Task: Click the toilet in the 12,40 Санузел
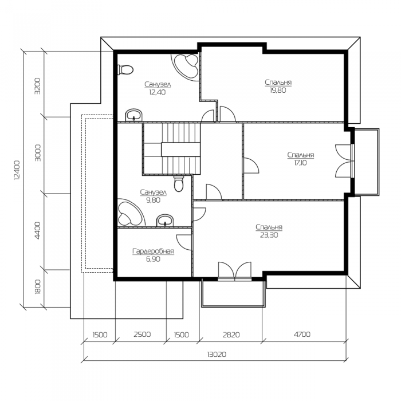click(125, 70)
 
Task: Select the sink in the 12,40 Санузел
click(133, 116)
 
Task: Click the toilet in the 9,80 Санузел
click(179, 184)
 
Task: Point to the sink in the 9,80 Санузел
click(165, 221)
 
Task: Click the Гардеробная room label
click(153, 251)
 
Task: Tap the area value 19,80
click(278, 91)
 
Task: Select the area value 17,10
click(301, 163)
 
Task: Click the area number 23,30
click(269, 235)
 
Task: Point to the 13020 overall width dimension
click(217, 355)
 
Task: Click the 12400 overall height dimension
click(17, 170)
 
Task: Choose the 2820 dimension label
click(231, 335)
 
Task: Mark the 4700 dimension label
click(302, 334)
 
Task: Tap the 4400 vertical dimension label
click(37, 230)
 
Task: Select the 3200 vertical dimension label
click(37, 86)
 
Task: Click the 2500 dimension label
click(142, 334)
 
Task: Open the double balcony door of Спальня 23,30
click(235, 271)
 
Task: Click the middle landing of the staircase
click(180, 150)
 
